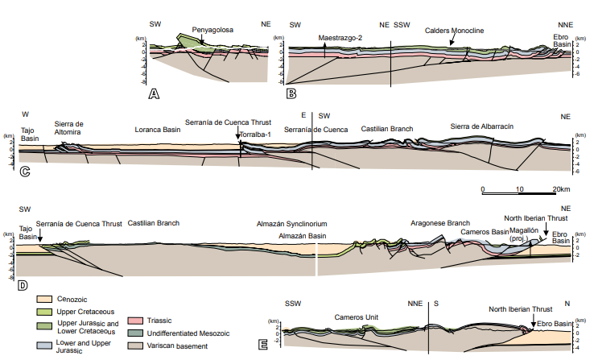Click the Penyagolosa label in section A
[x=212, y=29]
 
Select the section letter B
[x=291, y=94]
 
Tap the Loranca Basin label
[x=156, y=129]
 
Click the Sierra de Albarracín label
[x=481, y=126]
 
